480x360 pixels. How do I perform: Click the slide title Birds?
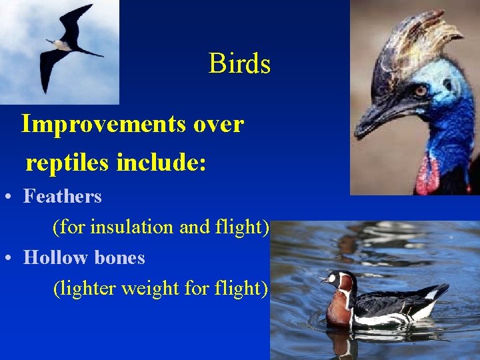(x=239, y=64)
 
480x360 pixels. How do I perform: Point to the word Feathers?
(x=63, y=197)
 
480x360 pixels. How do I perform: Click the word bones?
(x=120, y=257)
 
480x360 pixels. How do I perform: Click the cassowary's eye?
(x=420, y=90)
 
